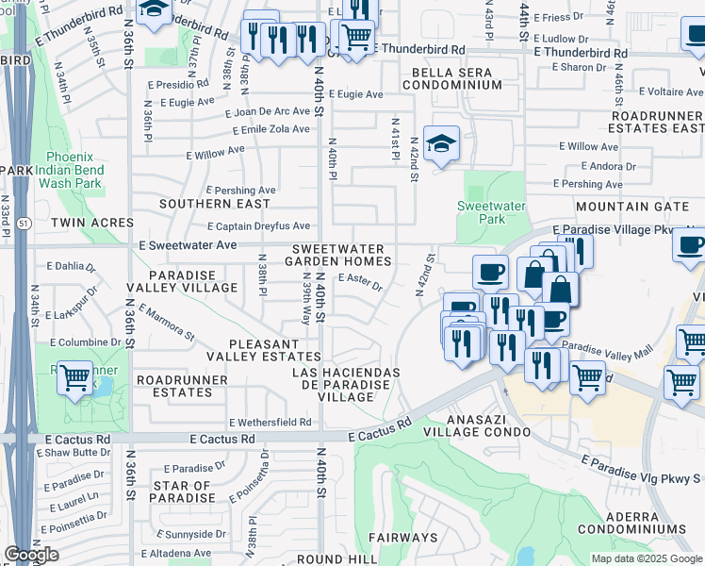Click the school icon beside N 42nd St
tap(441, 143)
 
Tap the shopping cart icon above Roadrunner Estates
tap(74, 378)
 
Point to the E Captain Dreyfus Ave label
tap(258, 226)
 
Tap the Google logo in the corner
tap(31, 555)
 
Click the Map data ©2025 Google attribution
tap(647, 558)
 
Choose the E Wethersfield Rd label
tap(270, 423)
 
